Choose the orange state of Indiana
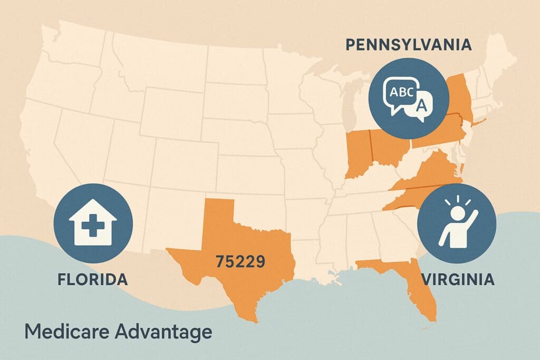pyautogui.click(x=359, y=153)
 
